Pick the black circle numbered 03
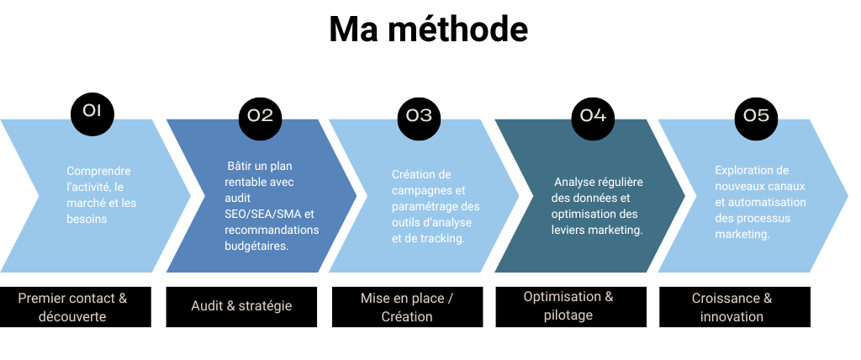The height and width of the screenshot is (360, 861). pos(419,116)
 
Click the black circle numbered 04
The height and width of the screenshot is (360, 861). pos(592,116)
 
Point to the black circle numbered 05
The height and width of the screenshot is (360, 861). pos(756,116)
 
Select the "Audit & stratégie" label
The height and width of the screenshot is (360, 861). pos(241,306)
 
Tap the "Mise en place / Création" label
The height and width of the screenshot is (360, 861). pos(407,307)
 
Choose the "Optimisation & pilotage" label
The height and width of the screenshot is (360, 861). pos(568,306)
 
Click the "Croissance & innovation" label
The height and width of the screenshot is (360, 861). pos(732,307)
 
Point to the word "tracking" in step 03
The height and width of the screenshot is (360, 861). pos(444,238)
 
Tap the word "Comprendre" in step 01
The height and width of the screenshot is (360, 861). pos(98,171)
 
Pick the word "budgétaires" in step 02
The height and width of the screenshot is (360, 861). pos(255,246)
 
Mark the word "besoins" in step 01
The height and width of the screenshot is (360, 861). pos(87,219)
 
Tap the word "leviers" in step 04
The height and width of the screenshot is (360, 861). pos(568,230)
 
